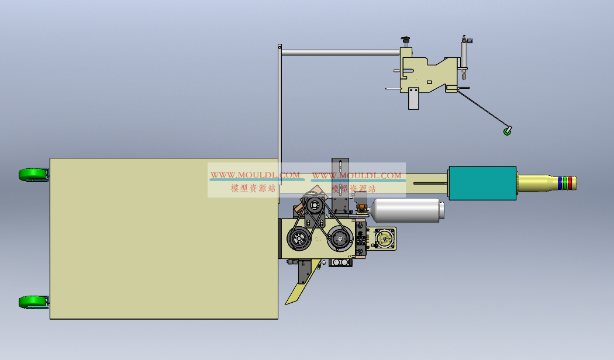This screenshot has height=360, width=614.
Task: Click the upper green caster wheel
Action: pos(34,175)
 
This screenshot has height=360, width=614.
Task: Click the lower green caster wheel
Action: pos(34,302)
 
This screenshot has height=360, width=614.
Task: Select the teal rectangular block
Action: pos(482,183)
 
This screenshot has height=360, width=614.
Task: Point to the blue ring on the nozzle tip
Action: pos(560,183)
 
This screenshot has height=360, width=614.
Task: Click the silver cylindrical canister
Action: pos(406,210)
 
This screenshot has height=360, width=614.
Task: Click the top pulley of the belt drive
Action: pos(314,205)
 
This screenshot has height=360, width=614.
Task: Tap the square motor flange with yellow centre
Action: pos(385,238)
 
